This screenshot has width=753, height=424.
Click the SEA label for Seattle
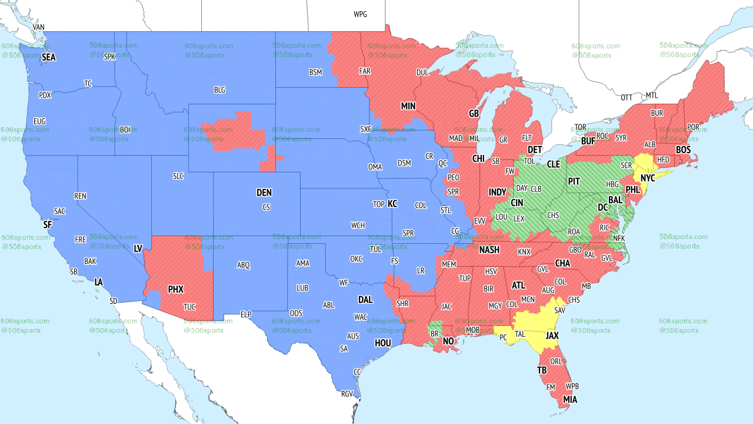(49, 58)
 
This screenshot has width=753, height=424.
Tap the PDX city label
(45, 95)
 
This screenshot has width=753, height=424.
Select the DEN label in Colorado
(264, 193)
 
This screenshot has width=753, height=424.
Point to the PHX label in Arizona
(175, 289)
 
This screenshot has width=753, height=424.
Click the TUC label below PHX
(189, 307)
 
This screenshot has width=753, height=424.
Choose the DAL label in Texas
(365, 300)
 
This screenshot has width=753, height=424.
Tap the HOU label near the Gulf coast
(382, 342)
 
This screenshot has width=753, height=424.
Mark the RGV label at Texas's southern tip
(347, 394)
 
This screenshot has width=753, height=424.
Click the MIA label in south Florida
(569, 400)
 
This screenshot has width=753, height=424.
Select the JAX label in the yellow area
(552, 336)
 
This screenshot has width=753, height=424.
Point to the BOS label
(683, 150)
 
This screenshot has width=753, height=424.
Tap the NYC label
(648, 178)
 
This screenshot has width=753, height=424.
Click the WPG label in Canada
(360, 14)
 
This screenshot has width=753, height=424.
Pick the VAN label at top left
(39, 27)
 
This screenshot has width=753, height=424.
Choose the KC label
(392, 204)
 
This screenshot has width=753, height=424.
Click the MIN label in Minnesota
(408, 106)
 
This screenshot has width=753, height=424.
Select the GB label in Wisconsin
(474, 113)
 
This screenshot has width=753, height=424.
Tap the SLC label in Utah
(178, 175)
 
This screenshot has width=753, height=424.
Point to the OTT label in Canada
(627, 97)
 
